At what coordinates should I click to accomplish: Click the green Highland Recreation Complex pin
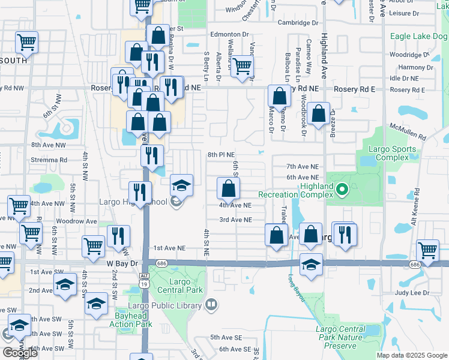point(342,191)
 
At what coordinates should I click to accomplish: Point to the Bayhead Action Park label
point(130,320)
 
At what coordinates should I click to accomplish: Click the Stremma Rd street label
point(50,160)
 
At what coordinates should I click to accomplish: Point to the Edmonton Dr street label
point(229,35)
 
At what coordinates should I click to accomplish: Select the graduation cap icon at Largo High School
point(181,186)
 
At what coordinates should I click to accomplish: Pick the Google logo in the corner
point(19,353)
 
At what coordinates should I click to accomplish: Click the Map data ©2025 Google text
point(411,355)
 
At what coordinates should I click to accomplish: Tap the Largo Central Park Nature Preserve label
point(340,337)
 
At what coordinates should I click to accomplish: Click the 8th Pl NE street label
point(221,155)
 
